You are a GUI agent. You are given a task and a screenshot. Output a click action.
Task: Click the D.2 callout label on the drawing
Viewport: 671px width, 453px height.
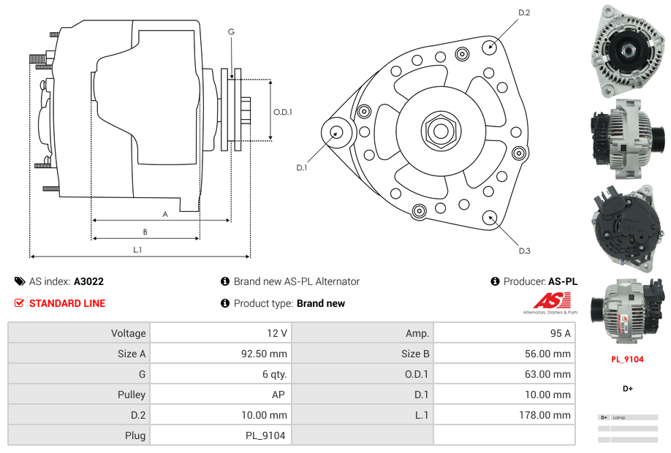(x=524, y=12)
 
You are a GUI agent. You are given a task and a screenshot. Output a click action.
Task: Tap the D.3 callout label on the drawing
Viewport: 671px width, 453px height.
(x=524, y=251)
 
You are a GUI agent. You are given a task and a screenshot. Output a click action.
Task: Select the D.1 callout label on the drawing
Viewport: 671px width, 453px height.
(x=301, y=168)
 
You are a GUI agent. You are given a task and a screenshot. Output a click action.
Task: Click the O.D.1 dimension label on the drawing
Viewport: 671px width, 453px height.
(x=283, y=112)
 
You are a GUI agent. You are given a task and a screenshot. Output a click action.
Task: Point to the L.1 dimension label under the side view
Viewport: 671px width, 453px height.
(x=137, y=250)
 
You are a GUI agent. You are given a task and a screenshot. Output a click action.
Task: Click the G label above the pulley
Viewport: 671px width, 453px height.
(x=231, y=32)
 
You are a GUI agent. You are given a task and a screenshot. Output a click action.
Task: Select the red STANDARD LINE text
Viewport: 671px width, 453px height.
(x=67, y=303)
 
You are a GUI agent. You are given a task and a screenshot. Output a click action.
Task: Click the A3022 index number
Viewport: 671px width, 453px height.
(x=88, y=281)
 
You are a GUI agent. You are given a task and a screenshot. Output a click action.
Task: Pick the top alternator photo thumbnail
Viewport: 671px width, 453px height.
(x=628, y=51)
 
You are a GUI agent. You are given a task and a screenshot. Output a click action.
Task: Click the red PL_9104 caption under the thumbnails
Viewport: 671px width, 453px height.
(x=627, y=359)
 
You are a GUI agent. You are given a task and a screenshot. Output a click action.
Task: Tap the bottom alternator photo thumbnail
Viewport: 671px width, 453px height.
(x=628, y=311)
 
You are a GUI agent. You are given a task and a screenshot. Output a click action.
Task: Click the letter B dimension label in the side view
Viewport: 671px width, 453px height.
(x=145, y=232)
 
